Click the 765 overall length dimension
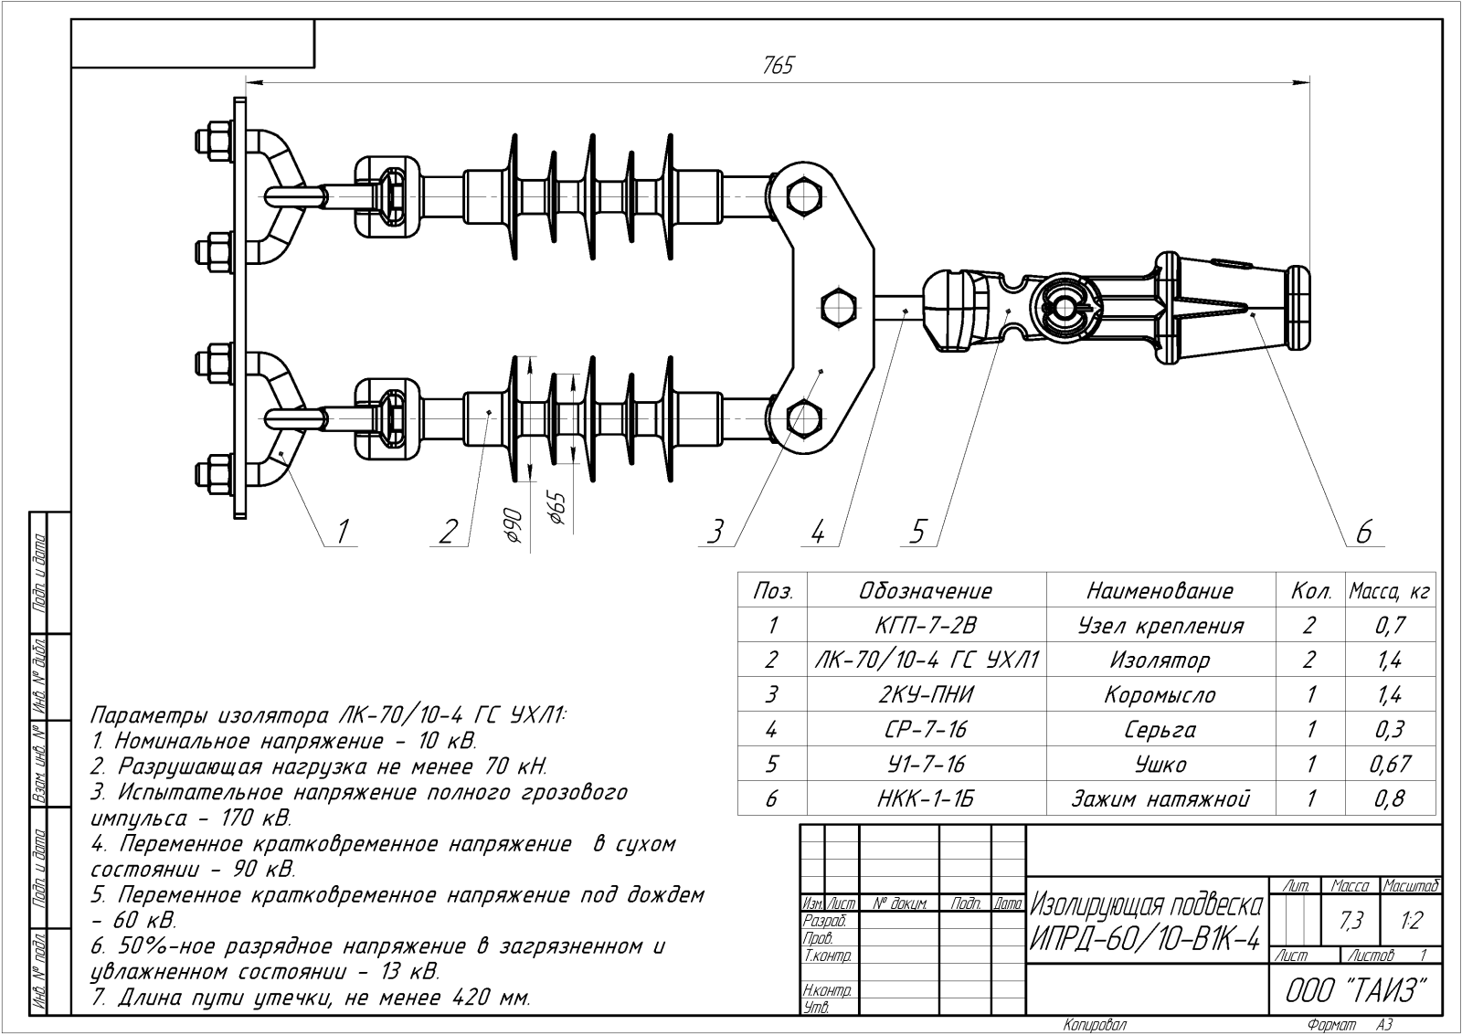pos(778,66)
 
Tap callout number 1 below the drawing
pos(344,530)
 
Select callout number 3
pos(717,531)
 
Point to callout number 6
pos(1365,532)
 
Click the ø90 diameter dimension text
pos(513,527)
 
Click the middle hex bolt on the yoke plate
pos(837,305)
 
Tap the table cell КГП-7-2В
pos(926,626)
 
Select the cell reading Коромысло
pos(1160,694)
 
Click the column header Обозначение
pos(926,591)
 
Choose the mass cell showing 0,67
pos(1390,764)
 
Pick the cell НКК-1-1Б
pos(926,798)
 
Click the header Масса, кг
pos(1389,591)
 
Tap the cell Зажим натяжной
pos(1160,798)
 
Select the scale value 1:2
pos(1411,922)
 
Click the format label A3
pos(1384,1025)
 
